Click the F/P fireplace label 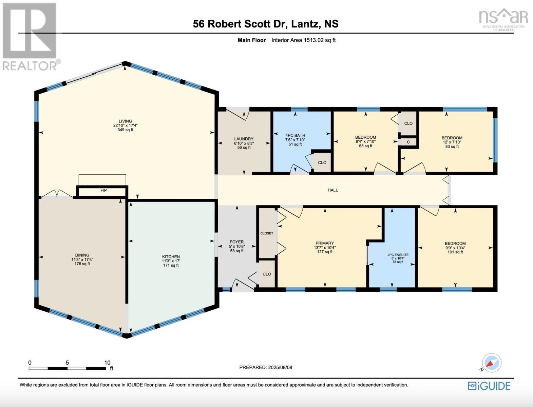tap(103, 191)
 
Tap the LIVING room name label tap(125, 121)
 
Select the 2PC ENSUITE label tap(398, 255)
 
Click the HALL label tap(333, 190)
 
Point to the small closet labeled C tap(408, 142)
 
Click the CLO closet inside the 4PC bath tap(322, 162)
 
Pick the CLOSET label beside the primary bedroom tap(267, 233)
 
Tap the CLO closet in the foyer tap(267, 274)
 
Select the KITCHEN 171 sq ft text tap(171, 266)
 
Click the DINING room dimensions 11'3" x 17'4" tap(82, 259)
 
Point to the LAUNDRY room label tap(244, 139)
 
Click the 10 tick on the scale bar tap(107, 363)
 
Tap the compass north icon tap(491, 363)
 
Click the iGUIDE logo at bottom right tap(489, 386)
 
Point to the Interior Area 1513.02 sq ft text tap(303, 40)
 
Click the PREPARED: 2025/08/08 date tap(266, 367)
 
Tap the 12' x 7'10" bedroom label tap(452, 142)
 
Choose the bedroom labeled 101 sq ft tap(455, 252)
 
